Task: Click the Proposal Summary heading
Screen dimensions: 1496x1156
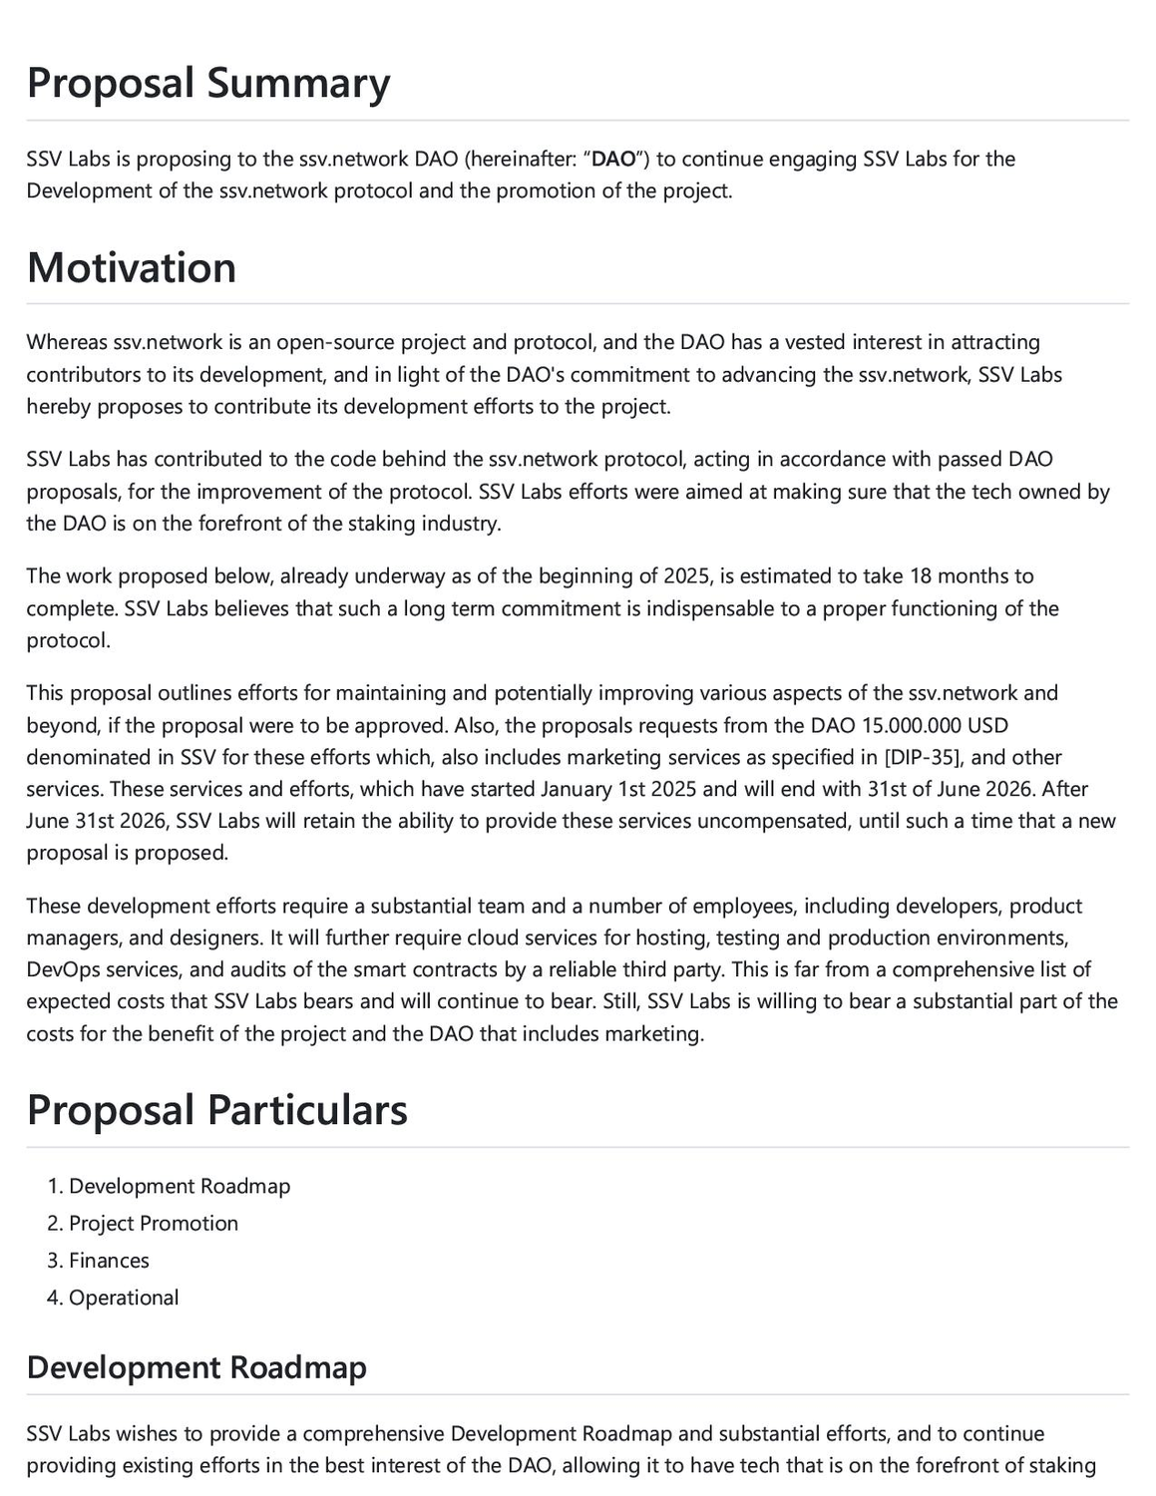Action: click(208, 83)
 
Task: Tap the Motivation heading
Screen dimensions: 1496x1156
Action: click(132, 267)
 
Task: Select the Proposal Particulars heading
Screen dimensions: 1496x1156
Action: click(217, 1110)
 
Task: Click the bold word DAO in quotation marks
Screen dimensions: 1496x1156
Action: click(613, 159)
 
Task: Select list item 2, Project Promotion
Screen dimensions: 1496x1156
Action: click(154, 1224)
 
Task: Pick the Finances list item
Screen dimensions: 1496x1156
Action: click(109, 1261)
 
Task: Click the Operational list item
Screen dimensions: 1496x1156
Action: click(124, 1298)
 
